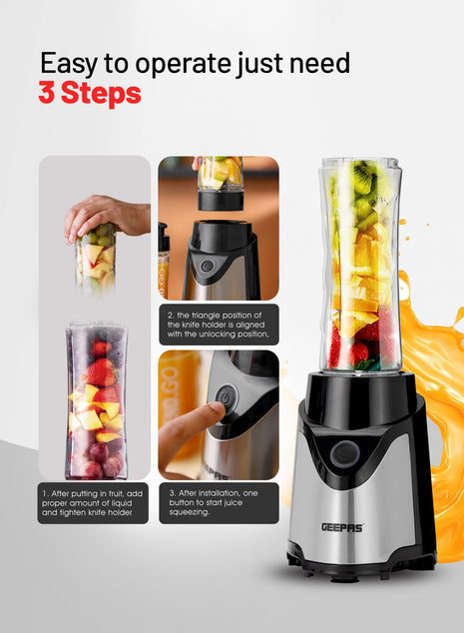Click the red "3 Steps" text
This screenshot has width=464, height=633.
[90, 95]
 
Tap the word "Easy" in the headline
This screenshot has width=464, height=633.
[70, 62]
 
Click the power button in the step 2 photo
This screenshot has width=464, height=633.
[207, 266]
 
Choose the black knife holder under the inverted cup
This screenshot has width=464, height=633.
[220, 200]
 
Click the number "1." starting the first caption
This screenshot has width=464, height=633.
[46, 492]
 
